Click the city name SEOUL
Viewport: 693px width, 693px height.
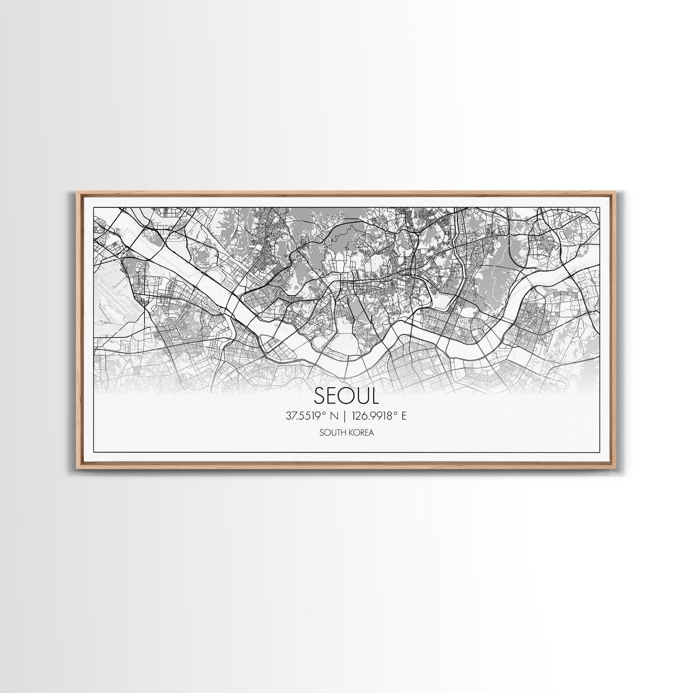[x=346, y=395]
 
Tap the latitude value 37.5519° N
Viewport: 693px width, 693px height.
[x=312, y=416]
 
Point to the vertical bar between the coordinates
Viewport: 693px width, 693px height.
[x=346, y=416]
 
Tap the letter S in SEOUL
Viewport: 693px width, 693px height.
[x=320, y=395]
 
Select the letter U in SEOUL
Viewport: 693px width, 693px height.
[x=362, y=395]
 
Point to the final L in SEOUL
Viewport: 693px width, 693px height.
[x=375, y=395]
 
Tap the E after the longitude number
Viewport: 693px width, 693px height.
[x=404, y=416]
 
